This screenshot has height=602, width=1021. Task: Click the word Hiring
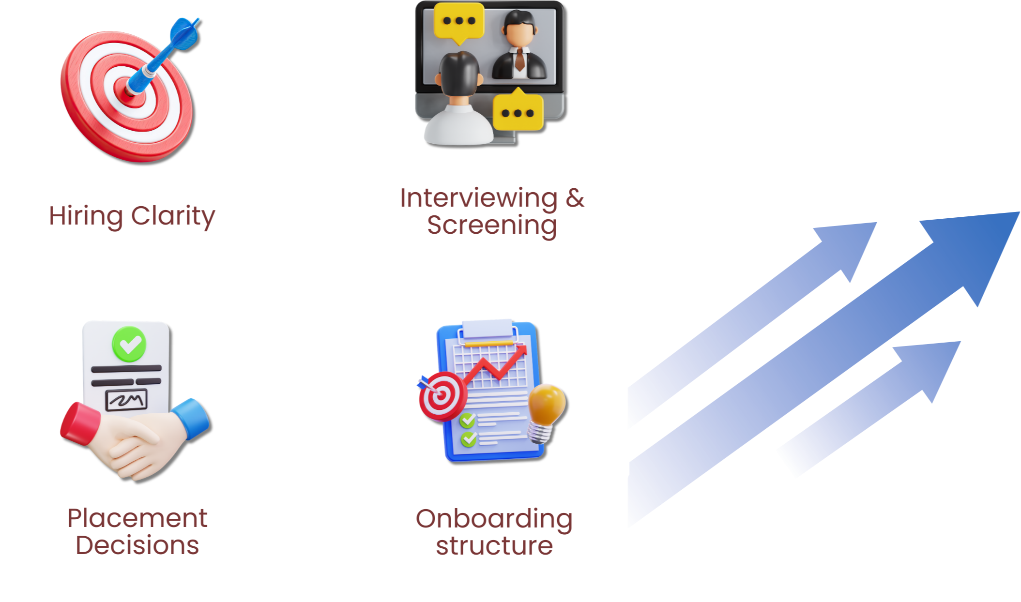(85, 216)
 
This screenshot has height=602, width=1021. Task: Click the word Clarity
(173, 216)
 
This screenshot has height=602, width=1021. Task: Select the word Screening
(492, 225)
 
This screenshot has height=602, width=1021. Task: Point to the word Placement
(137, 518)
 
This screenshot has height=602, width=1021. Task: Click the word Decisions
(137, 545)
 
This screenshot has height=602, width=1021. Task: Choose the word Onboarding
(494, 519)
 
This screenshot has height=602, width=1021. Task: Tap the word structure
(494, 546)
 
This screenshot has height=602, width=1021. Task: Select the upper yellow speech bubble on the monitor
(458, 21)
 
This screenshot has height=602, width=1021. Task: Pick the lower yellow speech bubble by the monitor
(518, 112)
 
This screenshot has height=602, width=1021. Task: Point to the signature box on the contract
(126, 400)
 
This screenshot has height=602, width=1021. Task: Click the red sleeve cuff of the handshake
(79, 422)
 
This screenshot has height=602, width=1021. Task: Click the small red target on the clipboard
(441, 395)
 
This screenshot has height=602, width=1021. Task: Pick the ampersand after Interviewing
(575, 198)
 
